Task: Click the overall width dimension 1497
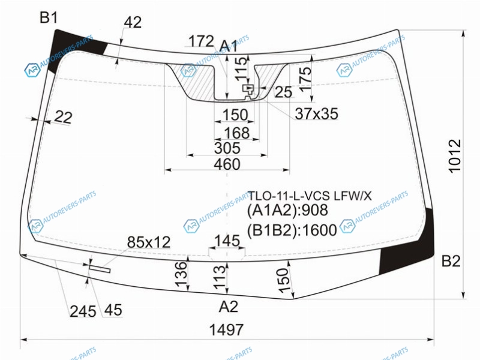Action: (x=226, y=329)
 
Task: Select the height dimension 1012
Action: (x=455, y=156)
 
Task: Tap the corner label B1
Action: (x=49, y=18)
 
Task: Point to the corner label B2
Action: (x=451, y=261)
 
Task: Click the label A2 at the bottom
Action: (x=229, y=307)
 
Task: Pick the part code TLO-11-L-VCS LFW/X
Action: (x=310, y=196)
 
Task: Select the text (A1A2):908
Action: (x=287, y=211)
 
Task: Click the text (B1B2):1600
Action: (x=292, y=230)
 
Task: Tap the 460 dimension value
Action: (x=227, y=164)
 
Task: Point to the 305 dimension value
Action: (x=227, y=148)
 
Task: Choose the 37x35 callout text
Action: (x=317, y=113)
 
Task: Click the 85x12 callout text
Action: (x=149, y=242)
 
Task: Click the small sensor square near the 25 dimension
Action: (x=248, y=88)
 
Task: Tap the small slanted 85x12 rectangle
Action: (x=100, y=268)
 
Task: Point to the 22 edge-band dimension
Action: (x=63, y=117)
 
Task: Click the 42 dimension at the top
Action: (x=133, y=22)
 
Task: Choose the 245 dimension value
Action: (x=83, y=311)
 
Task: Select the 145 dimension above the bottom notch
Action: (x=227, y=241)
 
